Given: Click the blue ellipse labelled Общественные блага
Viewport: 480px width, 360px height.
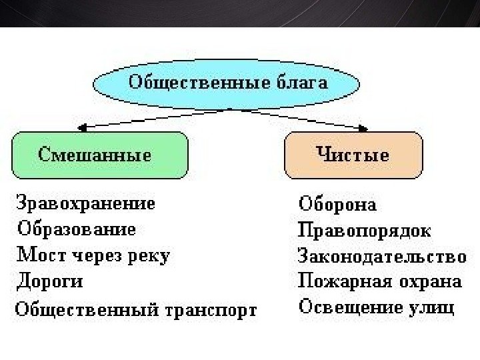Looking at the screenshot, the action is tap(227, 83).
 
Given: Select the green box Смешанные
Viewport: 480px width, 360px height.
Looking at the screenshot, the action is tap(99, 156).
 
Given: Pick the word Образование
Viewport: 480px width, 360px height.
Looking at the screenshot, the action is tap(76, 229).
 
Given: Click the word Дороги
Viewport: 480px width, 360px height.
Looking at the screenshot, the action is tap(49, 281).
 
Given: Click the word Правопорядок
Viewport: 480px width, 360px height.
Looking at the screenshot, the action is tap(363, 231).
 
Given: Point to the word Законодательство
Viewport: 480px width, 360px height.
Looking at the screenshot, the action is tap(380, 256).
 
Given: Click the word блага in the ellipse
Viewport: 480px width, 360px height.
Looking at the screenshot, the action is tap(301, 83).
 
